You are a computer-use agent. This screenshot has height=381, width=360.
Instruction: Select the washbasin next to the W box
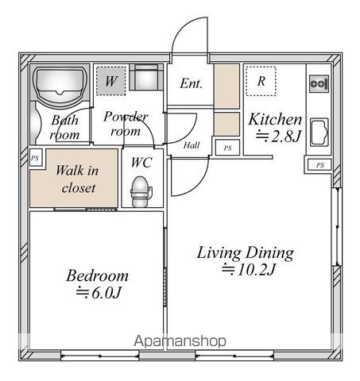point(146,79)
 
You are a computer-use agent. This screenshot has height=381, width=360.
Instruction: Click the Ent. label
point(191,83)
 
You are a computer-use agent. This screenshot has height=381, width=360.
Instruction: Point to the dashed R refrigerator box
point(261,80)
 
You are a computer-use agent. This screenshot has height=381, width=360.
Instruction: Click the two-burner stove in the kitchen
point(319,83)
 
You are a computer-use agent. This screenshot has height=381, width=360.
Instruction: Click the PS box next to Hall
point(227,148)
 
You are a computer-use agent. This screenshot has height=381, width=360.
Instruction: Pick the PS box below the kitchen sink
point(319,165)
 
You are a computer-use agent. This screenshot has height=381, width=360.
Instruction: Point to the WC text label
point(141,162)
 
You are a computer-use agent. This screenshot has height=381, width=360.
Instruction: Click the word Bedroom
point(97,276)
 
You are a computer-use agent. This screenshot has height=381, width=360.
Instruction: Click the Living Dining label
point(246,253)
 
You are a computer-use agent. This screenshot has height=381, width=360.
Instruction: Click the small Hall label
point(192,146)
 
